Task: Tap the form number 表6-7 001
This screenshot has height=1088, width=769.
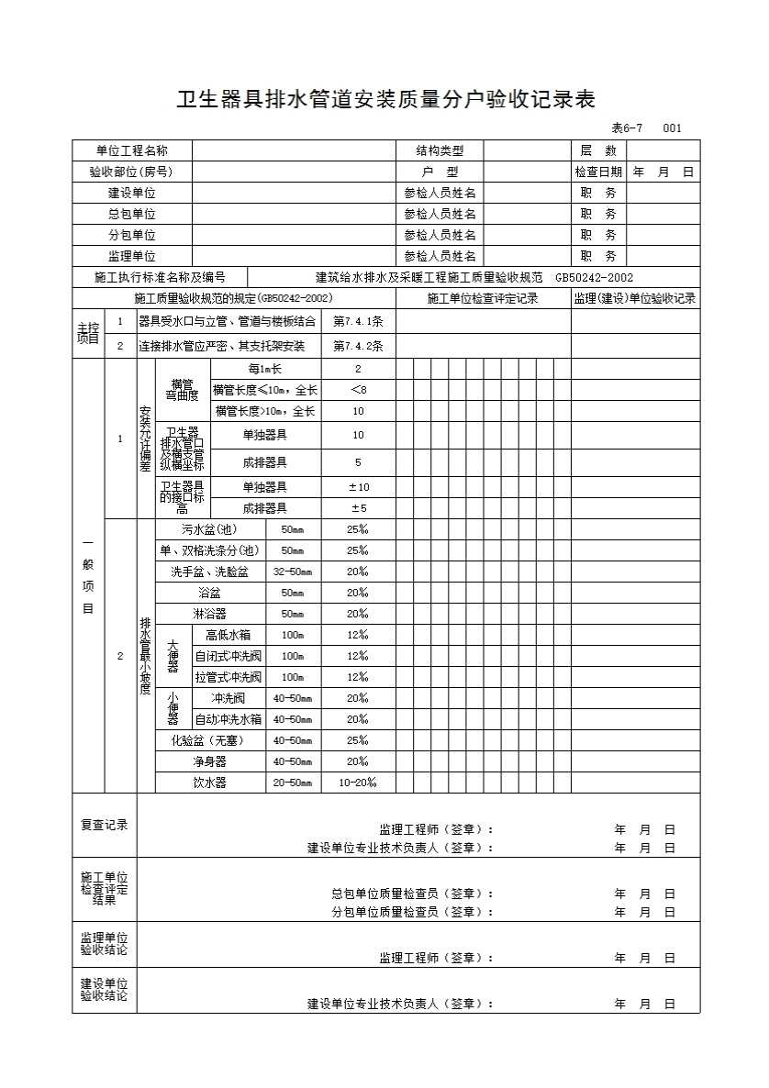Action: [646, 128]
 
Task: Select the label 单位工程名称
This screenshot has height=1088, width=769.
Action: [132, 150]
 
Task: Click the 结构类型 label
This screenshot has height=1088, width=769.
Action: [440, 150]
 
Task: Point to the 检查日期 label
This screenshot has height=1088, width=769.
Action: [598, 172]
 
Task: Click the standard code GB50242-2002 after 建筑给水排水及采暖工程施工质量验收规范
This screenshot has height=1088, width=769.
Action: [594, 278]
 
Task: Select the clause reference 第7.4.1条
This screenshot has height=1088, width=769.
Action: [358, 321]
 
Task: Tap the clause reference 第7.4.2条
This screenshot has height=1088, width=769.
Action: [358, 347]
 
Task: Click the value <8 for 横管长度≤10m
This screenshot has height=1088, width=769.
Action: [358, 390]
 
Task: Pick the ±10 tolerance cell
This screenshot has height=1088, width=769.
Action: [358, 487]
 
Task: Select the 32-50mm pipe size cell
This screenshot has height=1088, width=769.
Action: [293, 572]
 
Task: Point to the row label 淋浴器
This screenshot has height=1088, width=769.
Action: [210, 614]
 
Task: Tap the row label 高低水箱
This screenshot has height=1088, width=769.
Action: [228, 635]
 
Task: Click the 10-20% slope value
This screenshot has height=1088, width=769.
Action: [358, 783]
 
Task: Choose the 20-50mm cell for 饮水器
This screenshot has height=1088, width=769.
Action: [293, 783]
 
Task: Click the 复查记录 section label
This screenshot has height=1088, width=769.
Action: [104, 825]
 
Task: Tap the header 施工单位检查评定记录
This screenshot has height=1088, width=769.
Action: [483, 299]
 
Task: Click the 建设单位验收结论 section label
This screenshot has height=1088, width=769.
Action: [104, 990]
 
